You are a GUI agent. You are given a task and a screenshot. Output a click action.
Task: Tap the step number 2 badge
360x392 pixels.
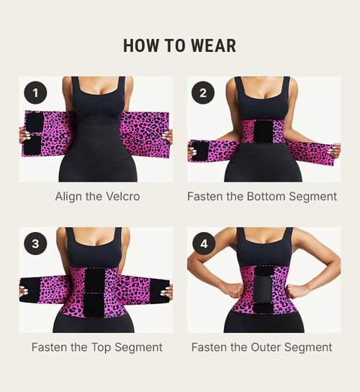[203, 92]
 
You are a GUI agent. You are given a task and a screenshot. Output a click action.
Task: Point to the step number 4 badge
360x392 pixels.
[203, 243]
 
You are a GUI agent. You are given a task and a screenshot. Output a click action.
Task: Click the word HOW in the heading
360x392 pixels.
[140, 46]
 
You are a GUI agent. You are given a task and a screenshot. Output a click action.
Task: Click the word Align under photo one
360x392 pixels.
[70, 196]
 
